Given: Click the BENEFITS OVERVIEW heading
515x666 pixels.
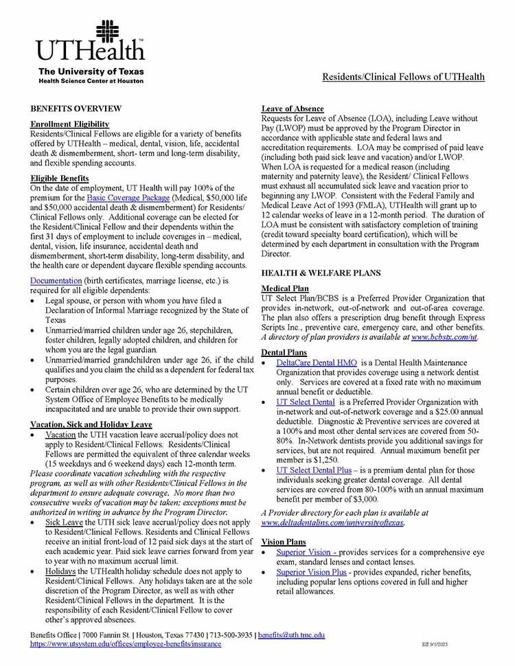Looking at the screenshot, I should click(x=76, y=108).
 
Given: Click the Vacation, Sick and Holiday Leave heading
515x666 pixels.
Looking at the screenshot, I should click(x=91, y=424).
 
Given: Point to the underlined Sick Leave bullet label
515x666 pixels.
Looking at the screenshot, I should click(x=64, y=523).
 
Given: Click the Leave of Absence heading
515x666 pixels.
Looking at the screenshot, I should click(x=293, y=109).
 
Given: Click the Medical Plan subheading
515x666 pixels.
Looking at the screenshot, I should click(x=285, y=288).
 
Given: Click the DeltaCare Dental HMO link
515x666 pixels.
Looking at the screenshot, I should click(x=317, y=363).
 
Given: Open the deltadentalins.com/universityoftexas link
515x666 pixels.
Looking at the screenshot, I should click(x=333, y=523).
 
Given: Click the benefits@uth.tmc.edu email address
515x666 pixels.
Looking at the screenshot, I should click(x=291, y=636).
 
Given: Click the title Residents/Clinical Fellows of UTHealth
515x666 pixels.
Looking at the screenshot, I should click(x=403, y=77).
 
